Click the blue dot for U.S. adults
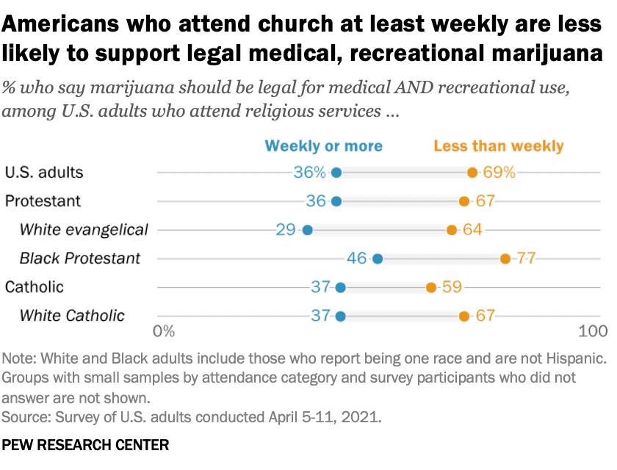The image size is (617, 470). pos(336,173)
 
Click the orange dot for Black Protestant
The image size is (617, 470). pos(505,258)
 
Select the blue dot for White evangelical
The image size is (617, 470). pos(307,230)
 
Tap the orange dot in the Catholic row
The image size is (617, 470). pos(431,287)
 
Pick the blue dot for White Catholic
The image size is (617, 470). pos(340,316)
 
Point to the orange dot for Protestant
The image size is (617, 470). pos(464,201)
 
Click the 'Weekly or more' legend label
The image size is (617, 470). pos(324,145)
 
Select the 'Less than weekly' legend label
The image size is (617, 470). pos(499,145)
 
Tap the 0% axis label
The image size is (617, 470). pos(164,331)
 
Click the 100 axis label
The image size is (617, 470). pos(593,331)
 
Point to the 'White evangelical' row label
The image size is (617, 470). pos(84,230)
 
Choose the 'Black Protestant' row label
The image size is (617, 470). pos(79,258)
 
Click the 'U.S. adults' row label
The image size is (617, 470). pos(43,173)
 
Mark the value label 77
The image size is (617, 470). pos(526,258)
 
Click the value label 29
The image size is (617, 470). pos(286,230)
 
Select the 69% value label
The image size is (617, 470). pos(499,173)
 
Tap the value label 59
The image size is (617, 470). pos(452,287)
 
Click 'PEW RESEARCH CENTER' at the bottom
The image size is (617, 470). pos(86,446)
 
